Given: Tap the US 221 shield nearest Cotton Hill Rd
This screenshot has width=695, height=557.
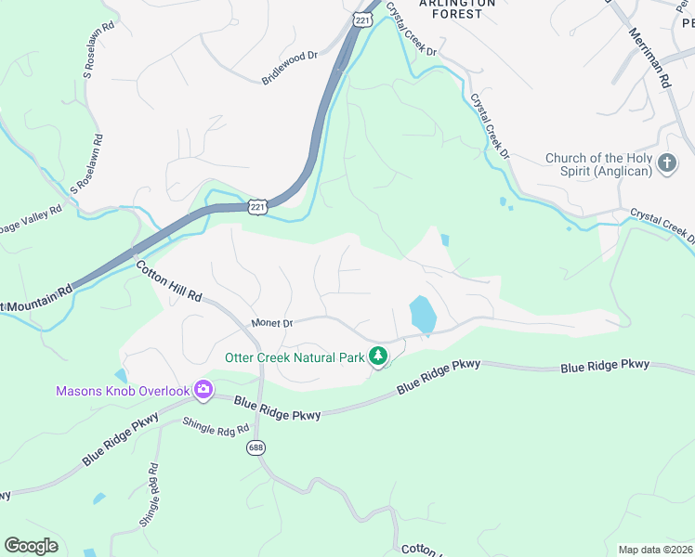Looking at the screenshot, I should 258,206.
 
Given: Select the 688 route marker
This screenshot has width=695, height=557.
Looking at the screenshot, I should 256,447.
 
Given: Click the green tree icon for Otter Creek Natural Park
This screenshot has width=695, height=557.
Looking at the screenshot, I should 377,356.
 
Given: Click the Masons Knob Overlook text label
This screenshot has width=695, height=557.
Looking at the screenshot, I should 123,392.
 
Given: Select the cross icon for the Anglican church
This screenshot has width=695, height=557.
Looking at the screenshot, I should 666,164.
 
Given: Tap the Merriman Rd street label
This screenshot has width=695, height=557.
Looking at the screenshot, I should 650,58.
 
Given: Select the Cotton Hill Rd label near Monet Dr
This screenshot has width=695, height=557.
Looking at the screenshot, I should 169,281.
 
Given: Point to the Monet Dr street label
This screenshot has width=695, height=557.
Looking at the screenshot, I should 272,323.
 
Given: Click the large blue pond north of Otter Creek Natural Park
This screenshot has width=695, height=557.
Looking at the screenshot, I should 422,315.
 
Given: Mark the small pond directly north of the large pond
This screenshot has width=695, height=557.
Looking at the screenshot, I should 444,240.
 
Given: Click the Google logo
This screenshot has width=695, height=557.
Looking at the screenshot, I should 31,546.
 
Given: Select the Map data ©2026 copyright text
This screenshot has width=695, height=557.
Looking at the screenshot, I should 654,550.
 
